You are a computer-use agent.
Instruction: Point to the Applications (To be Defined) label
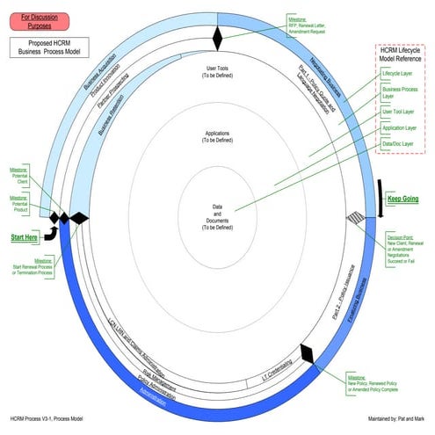[x=217, y=136]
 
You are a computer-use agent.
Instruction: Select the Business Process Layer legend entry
[x=400, y=94]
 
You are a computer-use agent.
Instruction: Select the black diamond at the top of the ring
[x=219, y=38]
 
